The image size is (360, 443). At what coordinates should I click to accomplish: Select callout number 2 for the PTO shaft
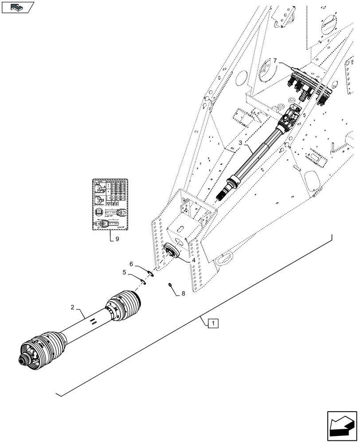point(72,307)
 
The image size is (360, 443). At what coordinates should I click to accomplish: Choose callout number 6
point(132,263)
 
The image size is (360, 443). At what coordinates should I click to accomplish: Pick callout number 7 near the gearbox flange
point(275,60)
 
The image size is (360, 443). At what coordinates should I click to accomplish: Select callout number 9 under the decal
point(117,239)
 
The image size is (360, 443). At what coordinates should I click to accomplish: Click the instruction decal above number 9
point(110,204)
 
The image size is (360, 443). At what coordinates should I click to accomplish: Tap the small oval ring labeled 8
point(170,285)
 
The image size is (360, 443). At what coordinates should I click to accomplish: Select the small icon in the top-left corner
point(17,7)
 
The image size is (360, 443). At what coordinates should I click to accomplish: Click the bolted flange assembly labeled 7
point(308,84)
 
